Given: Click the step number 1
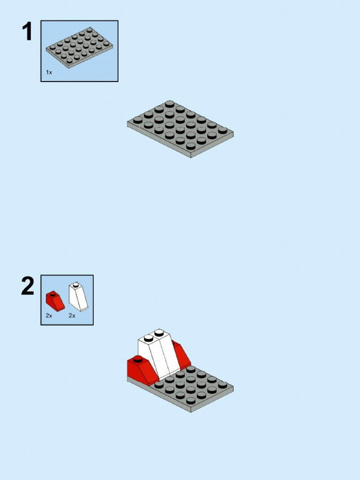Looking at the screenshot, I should pyautogui.click(x=27, y=32).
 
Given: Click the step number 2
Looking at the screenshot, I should pyautogui.click(x=28, y=286).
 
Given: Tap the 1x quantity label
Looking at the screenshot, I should pyautogui.click(x=49, y=73).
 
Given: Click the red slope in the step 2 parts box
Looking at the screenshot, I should pyautogui.click(x=55, y=301).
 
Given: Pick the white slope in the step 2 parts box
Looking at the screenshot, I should pyautogui.click(x=78, y=297).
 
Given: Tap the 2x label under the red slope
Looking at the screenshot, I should pyautogui.click(x=49, y=316).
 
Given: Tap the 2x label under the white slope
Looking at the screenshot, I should pyautogui.click(x=72, y=316).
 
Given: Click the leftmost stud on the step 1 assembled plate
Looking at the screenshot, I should pyautogui.click(x=138, y=120).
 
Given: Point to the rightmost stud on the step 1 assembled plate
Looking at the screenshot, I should pyautogui.click(x=223, y=130).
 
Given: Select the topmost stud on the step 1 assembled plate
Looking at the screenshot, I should pyautogui.click(x=170, y=103).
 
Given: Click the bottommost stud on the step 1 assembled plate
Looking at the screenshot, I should pyautogui.click(x=191, y=146).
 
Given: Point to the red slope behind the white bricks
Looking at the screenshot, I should pyautogui.click(x=181, y=354).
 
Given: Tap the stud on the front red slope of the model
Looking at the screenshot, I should pyautogui.click(x=138, y=360).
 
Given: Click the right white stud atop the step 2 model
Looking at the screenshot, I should pyautogui.click(x=159, y=332).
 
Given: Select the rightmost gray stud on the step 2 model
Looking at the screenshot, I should pyautogui.click(x=223, y=385).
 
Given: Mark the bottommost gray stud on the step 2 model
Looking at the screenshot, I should pyautogui.click(x=191, y=401).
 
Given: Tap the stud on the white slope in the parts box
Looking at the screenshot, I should pyautogui.click(x=75, y=284).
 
